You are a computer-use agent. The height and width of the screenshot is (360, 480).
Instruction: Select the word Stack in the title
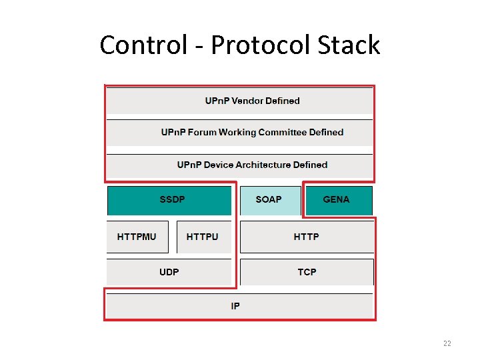[349, 45]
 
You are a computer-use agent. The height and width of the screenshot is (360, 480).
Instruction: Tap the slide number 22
[447, 343]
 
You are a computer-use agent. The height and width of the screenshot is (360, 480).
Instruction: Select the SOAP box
[269, 200]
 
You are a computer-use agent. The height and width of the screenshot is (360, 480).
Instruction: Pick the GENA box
[337, 200]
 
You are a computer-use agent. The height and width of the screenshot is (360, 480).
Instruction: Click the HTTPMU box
[137, 237]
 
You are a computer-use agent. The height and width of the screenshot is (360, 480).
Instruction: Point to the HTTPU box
[203, 237]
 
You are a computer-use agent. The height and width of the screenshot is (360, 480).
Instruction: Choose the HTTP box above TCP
[306, 237]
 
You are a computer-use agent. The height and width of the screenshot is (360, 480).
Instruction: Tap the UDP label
[169, 272]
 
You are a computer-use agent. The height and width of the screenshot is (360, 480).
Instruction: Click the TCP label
[307, 272]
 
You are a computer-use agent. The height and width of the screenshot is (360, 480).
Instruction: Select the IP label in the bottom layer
[235, 306]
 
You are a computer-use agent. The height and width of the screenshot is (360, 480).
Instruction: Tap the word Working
[237, 133]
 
